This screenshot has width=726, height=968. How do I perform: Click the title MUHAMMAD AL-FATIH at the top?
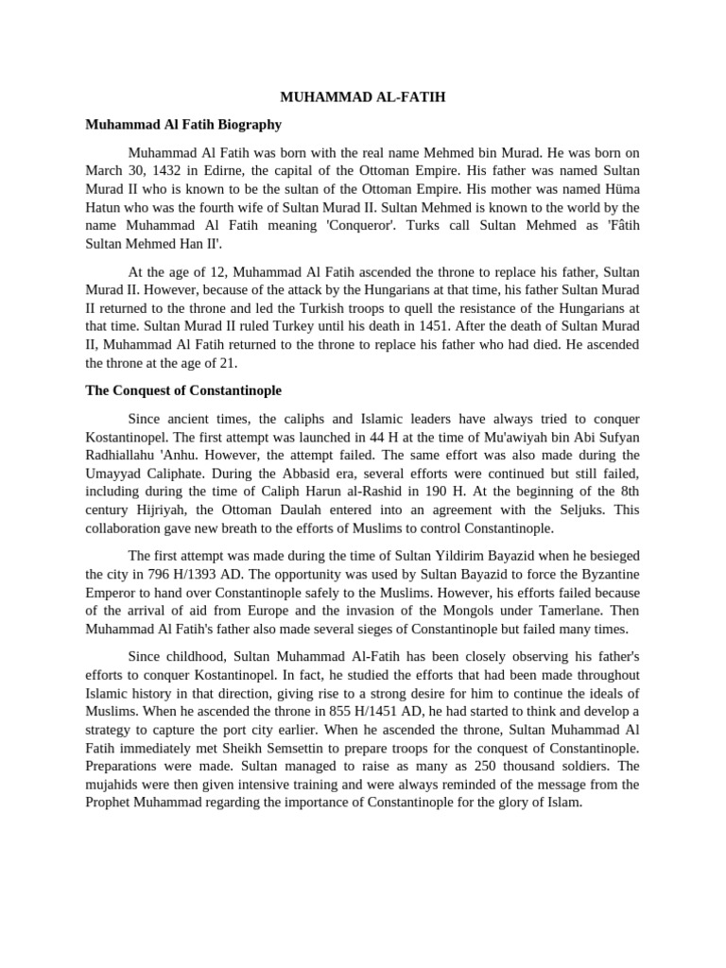[x=363, y=97]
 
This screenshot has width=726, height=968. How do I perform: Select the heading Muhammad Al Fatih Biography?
[x=183, y=124]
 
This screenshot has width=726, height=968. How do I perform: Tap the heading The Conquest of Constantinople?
[x=183, y=389]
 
